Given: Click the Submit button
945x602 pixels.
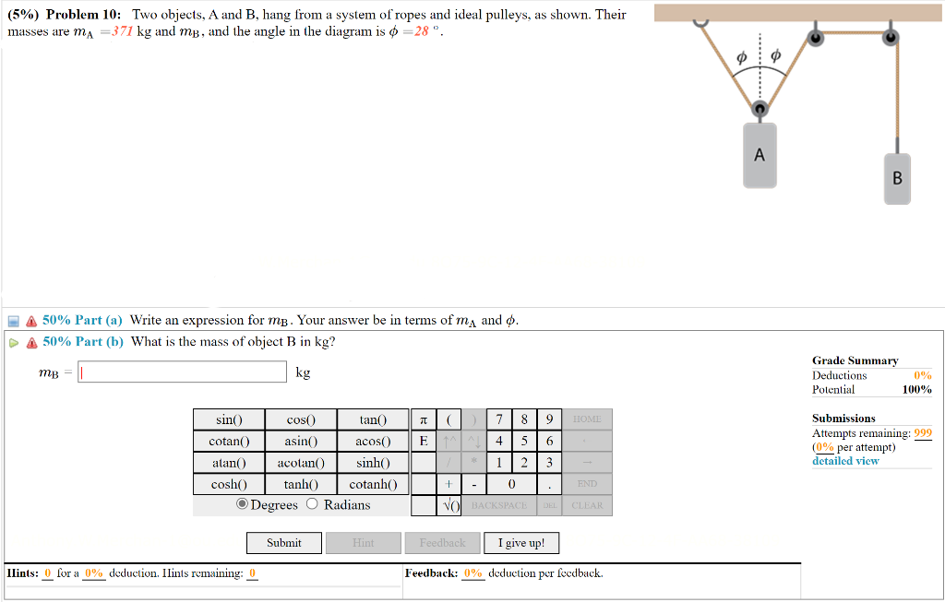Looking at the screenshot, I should (x=283, y=543).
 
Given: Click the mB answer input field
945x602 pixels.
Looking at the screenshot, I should (x=183, y=372).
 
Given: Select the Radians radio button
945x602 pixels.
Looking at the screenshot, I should (x=312, y=504).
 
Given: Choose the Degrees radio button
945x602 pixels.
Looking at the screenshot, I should (x=243, y=504).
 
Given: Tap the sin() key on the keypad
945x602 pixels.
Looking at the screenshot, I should (x=228, y=420).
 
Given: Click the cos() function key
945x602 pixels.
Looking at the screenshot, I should (x=300, y=420).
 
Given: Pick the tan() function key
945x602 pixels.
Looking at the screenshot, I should (x=372, y=420).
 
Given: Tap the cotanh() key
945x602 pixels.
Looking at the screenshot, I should (x=372, y=484).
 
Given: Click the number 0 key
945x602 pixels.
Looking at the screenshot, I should (x=511, y=484).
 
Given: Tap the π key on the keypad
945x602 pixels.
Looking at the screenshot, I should (x=422, y=420).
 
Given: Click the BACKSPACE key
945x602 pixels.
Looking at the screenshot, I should (x=498, y=505).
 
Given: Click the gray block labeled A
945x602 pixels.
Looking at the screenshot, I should (x=760, y=156).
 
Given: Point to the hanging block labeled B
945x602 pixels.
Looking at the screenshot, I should (x=896, y=178).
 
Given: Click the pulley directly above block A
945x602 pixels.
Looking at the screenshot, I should (x=760, y=110).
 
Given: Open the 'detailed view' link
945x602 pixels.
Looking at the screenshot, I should (x=845, y=461).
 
